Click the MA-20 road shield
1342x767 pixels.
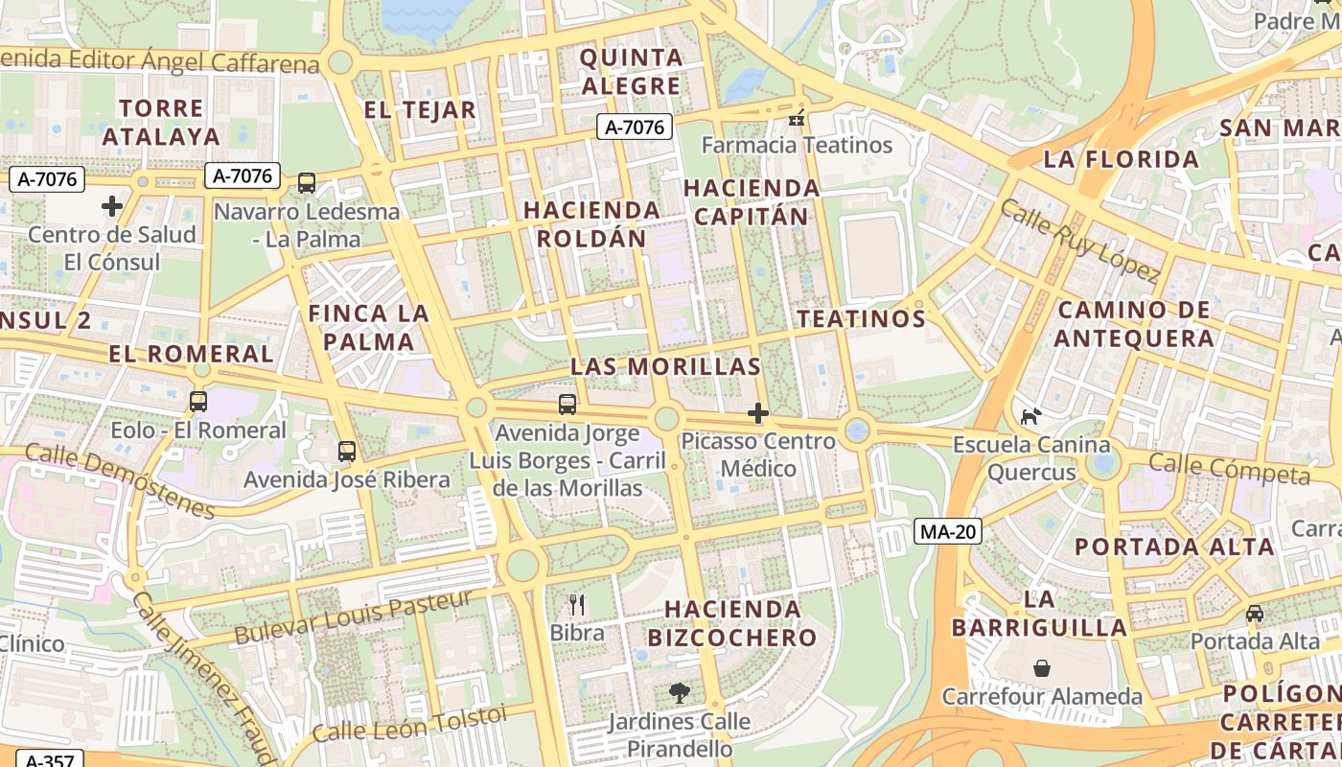point(947,531)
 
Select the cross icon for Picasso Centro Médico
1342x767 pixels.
point(758,413)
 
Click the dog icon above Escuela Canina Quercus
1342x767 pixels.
point(1030,416)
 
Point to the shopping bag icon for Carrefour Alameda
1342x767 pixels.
point(1042,667)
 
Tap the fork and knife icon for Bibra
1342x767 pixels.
point(577,604)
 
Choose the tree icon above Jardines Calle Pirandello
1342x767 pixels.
point(680,692)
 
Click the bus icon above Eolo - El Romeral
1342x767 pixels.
point(198,402)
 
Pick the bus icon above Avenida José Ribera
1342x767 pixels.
point(347,451)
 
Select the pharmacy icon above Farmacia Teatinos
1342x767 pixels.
point(797,117)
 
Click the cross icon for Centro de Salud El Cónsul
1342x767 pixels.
point(112,205)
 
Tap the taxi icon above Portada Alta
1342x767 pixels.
point(1254,613)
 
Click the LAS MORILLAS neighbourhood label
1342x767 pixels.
point(665,366)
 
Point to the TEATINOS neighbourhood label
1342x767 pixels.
point(861,318)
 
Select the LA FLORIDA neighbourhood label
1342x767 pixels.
point(1121,159)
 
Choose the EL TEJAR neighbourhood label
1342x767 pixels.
point(420,110)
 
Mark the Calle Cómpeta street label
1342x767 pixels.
point(1229,469)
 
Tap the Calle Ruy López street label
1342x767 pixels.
point(1079,240)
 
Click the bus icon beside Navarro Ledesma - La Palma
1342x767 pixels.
point(307,182)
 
